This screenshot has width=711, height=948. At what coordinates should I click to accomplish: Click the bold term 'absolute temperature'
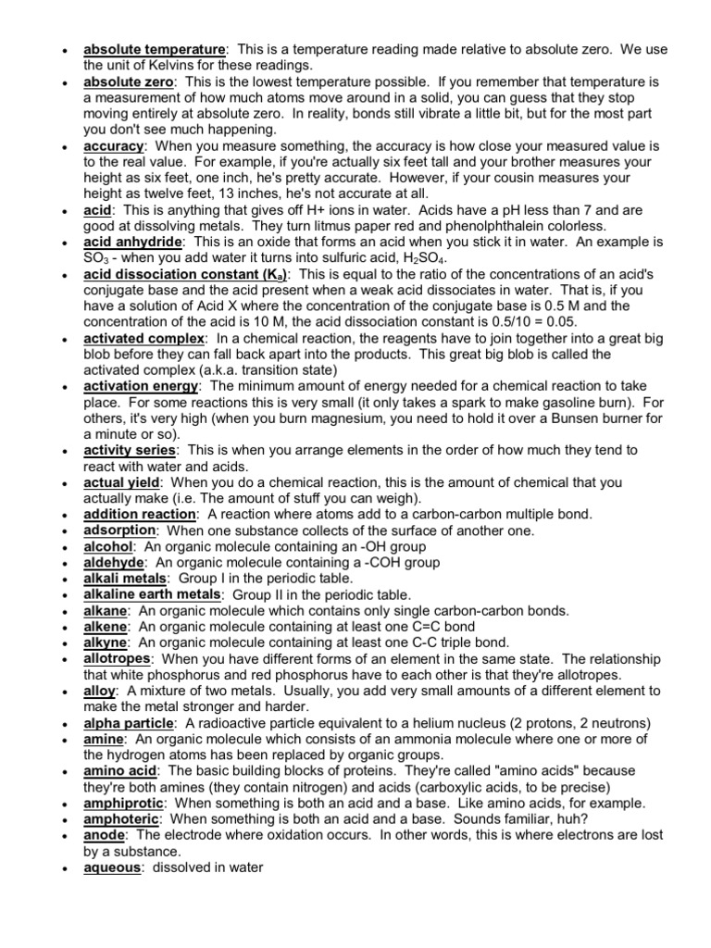(154, 49)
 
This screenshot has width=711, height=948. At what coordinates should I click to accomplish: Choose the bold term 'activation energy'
(141, 386)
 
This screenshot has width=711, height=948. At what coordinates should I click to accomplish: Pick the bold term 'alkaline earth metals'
(153, 594)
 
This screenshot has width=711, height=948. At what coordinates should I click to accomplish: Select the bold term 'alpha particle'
(129, 722)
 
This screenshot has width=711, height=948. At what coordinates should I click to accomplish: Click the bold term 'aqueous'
(113, 867)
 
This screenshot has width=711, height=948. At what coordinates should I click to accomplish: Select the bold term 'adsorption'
(119, 530)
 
